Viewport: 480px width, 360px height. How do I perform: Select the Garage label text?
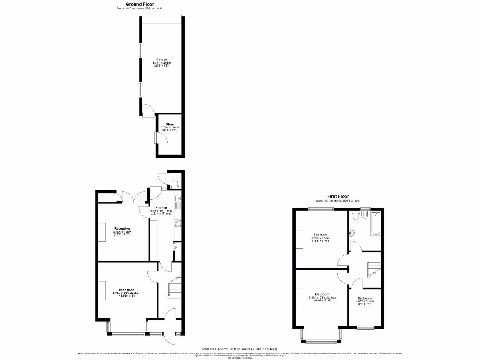coord(161,60)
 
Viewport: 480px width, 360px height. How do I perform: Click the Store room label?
coord(169,124)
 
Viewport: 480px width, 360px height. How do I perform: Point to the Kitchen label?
coord(161,208)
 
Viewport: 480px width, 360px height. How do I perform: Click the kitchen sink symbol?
coord(178,203)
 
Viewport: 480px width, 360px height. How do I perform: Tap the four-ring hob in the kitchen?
coord(178,223)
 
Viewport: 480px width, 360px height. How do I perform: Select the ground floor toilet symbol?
coord(175,184)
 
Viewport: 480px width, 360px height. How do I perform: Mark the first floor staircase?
coord(373,269)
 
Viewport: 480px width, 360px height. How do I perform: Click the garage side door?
coord(148,110)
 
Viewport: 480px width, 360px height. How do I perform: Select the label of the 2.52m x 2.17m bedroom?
coord(364,298)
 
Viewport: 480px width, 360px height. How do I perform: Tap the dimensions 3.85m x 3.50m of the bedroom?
coord(321,238)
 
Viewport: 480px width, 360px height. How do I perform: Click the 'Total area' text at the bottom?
coord(240,349)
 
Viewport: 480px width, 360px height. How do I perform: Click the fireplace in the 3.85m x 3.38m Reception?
coord(102,231)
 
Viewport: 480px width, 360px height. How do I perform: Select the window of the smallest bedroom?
coord(365,327)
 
